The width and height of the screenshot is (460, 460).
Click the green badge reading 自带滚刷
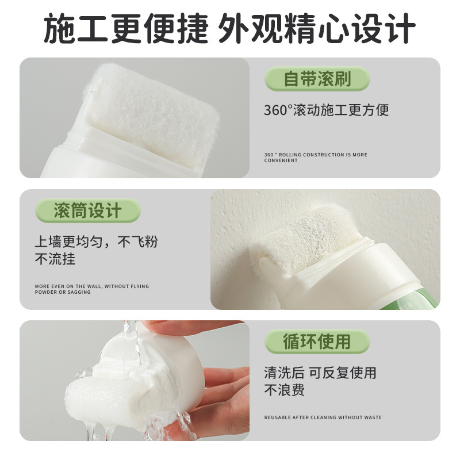click(x=317, y=79)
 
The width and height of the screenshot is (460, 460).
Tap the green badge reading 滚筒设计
click(x=88, y=210)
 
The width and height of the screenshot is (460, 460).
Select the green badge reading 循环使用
click(x=317, y=342)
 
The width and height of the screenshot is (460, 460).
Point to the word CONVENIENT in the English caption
click(x=281, y=161)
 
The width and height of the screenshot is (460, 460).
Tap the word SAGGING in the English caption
click(x=80, y=292)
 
